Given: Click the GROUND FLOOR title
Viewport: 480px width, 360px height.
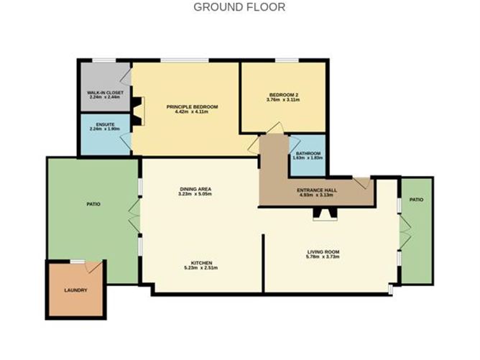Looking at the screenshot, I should click(239, 7).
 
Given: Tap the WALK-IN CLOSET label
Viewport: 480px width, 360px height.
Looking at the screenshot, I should click(103, 93).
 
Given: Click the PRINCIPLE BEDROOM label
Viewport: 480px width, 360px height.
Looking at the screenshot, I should click(192, 107).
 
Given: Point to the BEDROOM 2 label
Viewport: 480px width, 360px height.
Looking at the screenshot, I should click(283, 95).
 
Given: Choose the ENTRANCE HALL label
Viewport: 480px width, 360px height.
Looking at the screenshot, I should click(317, 190).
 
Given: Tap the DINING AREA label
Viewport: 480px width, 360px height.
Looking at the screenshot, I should click(195, 189).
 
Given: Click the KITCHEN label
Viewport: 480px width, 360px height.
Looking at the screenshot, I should click(200, 263).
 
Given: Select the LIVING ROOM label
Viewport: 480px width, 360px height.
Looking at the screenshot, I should click(323, 251).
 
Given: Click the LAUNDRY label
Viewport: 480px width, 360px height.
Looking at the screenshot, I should click(75, 290).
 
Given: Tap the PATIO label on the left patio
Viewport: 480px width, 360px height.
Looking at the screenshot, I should click(93, 204).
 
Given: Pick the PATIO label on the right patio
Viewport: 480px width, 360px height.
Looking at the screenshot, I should click(416, 199).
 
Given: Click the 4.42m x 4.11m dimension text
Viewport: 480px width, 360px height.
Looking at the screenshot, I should click(192, 113).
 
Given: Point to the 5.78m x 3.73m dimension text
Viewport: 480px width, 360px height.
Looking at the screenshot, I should click(323, 257).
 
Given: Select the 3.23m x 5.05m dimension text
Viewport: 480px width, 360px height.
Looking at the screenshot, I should click(195, 194).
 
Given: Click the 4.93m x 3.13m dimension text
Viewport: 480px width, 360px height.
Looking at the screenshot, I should click(317, 195).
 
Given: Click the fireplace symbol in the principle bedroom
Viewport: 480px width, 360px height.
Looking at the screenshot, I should click(138, 111).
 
